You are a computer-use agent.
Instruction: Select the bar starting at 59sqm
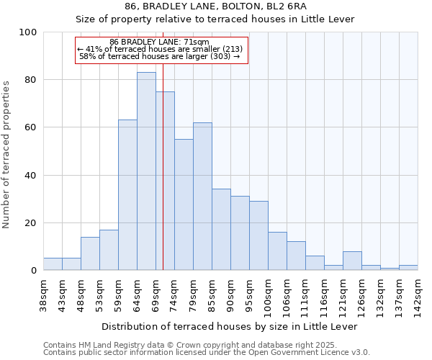(x=127, y=195)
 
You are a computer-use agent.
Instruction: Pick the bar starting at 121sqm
(x=352, y=261)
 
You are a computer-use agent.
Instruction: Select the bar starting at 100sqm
(x=277, y=251)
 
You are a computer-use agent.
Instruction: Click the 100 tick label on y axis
(x=28, y=32)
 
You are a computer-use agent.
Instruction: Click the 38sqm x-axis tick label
(x=43, y=294)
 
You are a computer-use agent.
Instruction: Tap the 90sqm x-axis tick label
(x=230, y=294)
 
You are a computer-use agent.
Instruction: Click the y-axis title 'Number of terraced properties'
(x=7, y=155)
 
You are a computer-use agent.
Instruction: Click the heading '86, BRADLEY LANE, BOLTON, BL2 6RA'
(x=215, y=6)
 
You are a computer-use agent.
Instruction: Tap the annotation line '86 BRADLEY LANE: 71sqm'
(x=159, y=42)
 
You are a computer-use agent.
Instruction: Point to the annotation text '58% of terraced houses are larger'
(x=159, y=56)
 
